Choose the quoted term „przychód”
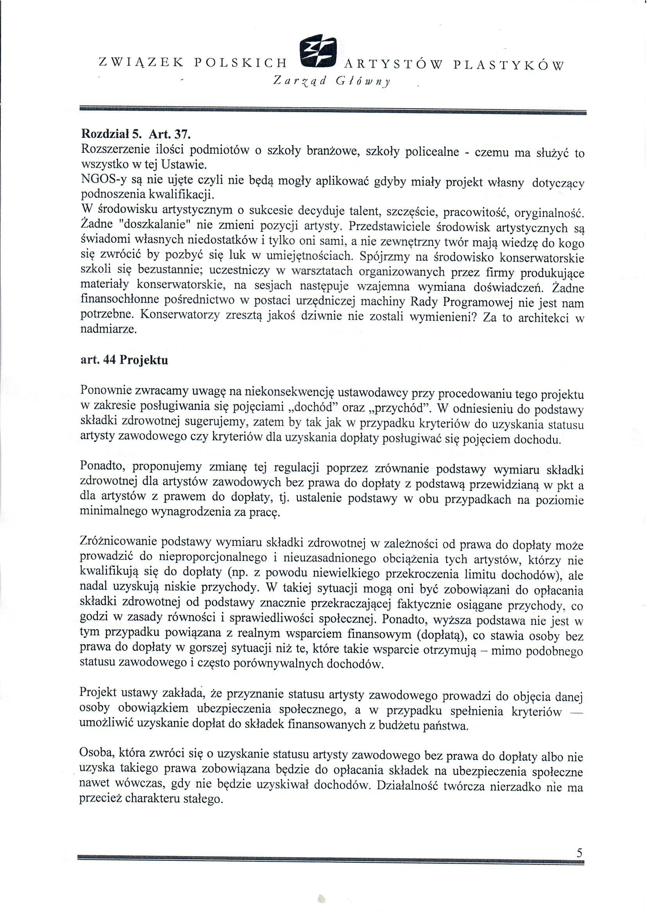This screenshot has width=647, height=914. coord(404,408)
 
